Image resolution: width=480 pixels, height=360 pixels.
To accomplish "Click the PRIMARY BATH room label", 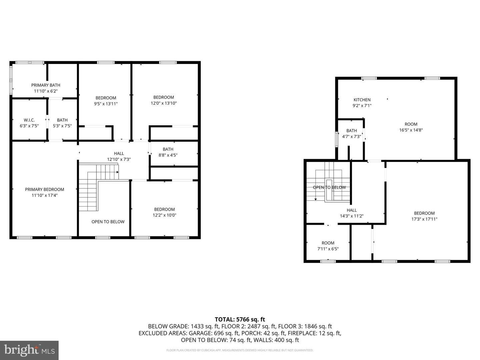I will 46,85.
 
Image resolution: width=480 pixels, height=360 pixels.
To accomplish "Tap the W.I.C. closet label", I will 29,120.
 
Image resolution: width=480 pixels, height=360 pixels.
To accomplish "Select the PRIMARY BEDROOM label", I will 45,189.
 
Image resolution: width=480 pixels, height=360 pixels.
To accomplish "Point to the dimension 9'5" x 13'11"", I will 106,104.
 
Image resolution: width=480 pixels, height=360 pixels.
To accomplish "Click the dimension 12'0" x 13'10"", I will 164,103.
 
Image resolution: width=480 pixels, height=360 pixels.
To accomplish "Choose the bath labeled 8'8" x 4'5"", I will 168,152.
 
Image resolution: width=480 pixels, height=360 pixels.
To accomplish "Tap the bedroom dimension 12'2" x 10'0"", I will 164,215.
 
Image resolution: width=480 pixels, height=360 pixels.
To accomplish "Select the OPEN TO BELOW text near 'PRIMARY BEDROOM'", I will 108,222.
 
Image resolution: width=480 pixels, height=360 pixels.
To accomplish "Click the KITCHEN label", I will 362,100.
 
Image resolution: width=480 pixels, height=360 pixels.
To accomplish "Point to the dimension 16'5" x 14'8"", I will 411,130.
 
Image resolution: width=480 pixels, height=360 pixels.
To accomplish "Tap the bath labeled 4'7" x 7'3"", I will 352,133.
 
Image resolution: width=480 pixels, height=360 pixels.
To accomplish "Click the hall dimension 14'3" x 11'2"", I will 352,216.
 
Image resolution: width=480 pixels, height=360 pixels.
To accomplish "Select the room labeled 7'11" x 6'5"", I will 328,246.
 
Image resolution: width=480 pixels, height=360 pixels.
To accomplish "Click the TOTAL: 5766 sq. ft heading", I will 240,319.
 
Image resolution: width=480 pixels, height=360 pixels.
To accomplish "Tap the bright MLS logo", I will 29,350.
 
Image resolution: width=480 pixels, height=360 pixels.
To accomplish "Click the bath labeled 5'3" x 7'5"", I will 62,123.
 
